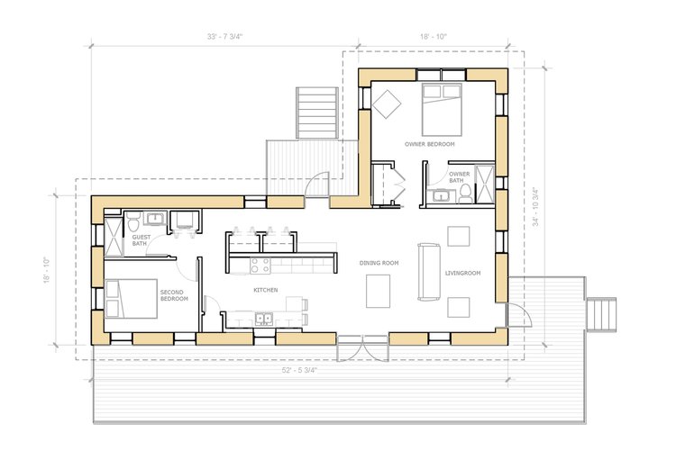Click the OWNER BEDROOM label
pos(429,144)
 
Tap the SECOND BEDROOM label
pos(174,295)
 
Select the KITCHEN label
pos(266,290)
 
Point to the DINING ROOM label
pos(379,263)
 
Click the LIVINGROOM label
pos(462,273)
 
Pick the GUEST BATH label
pos(142,240)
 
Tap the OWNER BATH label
pos(460,177)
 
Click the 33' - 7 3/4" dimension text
pos(224,37)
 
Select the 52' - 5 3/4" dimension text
pos(299,370)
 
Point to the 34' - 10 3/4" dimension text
pos(535,207)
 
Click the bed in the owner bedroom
pos(442,110)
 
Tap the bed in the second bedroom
pos(131,299)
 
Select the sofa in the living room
pos(429,272)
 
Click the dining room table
pos(378,291)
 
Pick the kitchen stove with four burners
pos(260,266)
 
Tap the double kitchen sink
pos(263,319)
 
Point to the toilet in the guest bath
pos(133,221)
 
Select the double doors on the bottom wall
pos(363,348)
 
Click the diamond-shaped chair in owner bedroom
pos(387,104)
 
